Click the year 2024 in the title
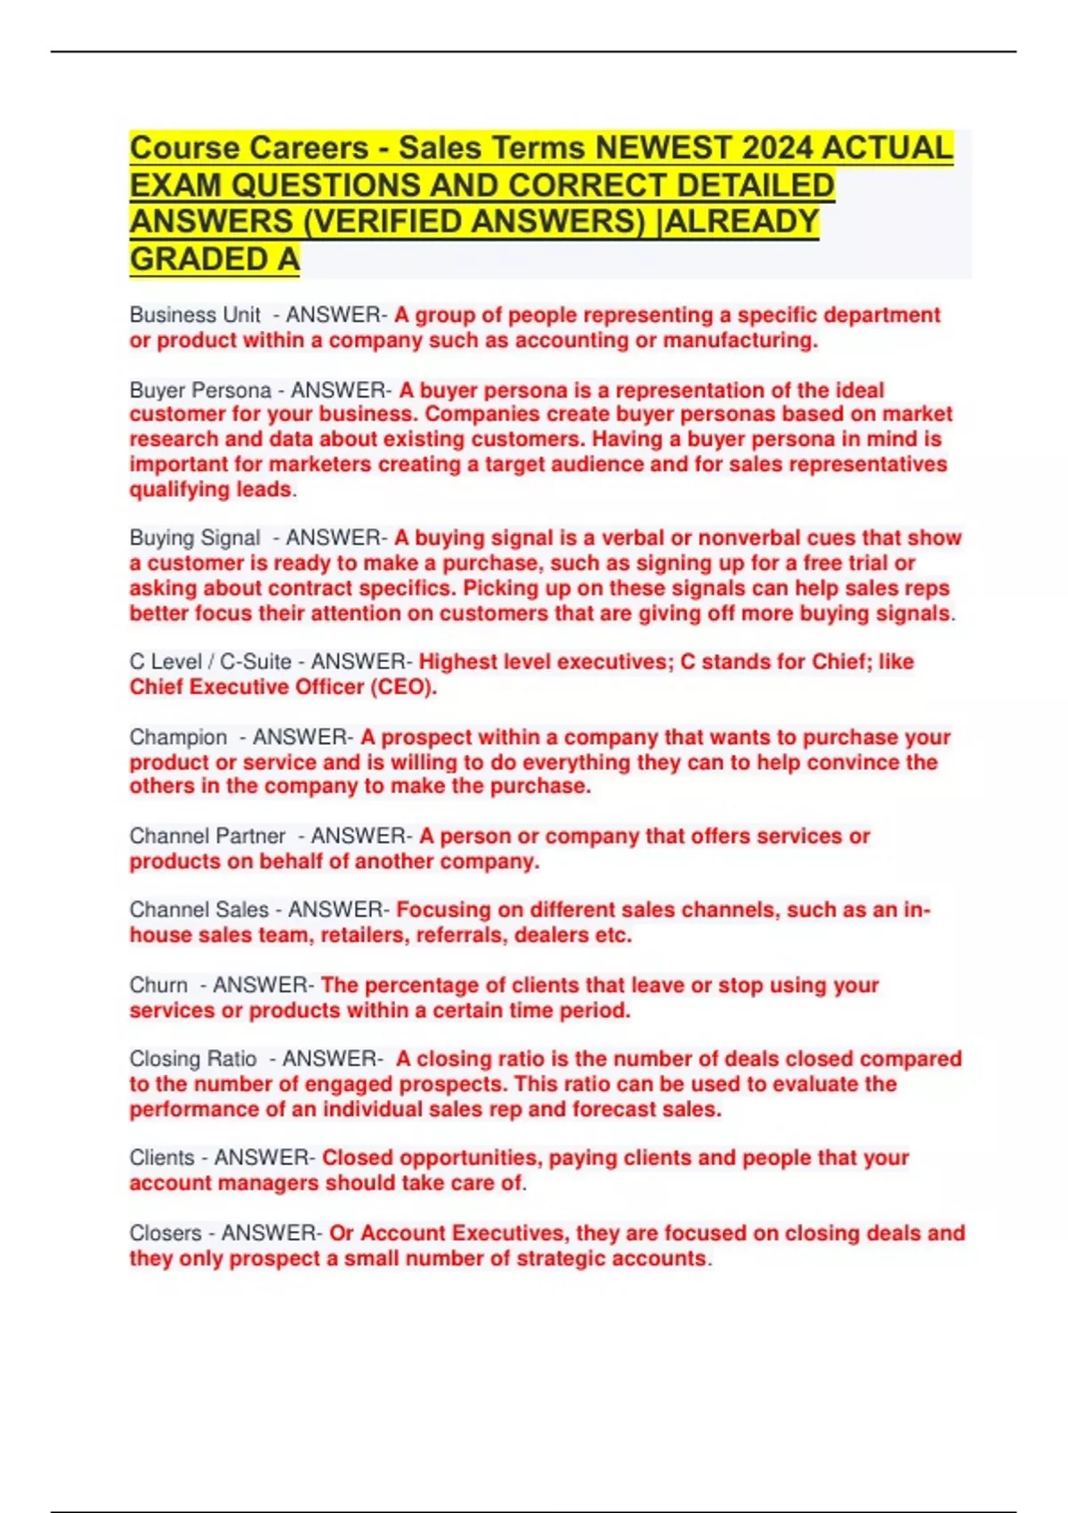pos(780,148)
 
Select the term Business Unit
pos(195,315)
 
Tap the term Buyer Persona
pos(200,390)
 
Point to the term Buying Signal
pos(195,538)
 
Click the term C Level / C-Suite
pos(210,661)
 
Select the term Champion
pos(178,737)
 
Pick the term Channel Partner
pos(207,836)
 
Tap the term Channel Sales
pos(198,910)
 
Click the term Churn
pos(158,985)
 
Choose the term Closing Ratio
pos(193,1059)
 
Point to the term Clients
pos(162,1158)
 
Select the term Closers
pos(166,1233)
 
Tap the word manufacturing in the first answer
pos(740,340)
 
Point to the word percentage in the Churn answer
pos(422,985)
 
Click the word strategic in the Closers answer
pos(549,1258)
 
